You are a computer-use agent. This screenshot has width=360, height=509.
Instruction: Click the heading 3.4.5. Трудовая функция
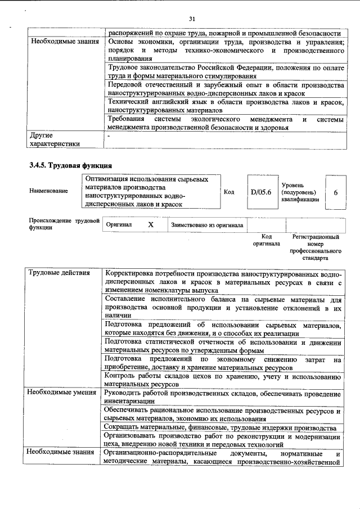[70, 165]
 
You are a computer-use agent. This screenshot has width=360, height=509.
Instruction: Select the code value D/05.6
[260, 192]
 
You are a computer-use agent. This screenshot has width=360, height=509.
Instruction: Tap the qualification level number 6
[336, 192]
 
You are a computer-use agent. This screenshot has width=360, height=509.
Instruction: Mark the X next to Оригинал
[150, 224]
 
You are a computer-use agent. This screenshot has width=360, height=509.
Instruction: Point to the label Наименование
[48, 191]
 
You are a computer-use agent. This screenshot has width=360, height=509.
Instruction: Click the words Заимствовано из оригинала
[207, 225]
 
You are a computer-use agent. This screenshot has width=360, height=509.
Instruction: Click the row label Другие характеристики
[54, 139]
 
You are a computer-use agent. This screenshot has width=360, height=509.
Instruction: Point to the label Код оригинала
[267, 241]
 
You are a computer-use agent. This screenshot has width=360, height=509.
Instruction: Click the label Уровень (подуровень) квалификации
[300, 192]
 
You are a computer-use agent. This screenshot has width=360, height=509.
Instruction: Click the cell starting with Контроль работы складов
[222, 381]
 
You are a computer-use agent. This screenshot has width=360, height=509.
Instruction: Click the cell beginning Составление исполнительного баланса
[223, 308]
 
